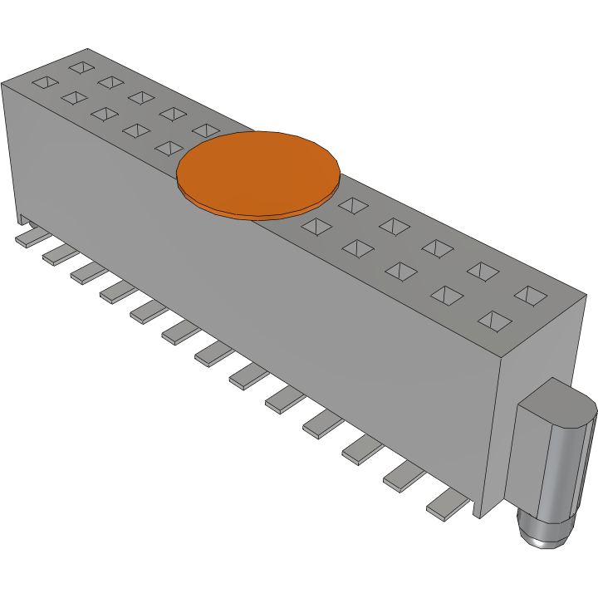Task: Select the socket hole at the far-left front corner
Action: pos(45,83)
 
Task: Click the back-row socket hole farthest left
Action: pos(81,66)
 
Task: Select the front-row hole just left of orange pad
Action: pos(169,148)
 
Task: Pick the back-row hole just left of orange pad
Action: pos(205,130)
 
